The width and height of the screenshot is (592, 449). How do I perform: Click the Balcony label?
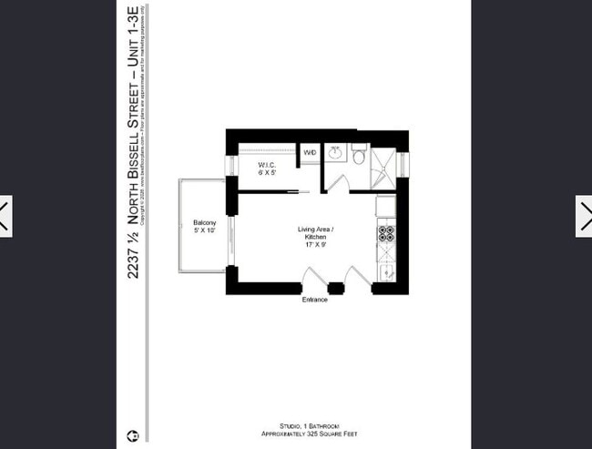click(204, 227)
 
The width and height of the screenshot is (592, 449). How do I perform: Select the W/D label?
click(310, 153)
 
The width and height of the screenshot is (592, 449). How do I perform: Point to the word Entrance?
click(314, 299)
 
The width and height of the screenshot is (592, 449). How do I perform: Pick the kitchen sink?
click(387, 270)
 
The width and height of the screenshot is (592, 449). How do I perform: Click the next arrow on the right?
click(584, 217)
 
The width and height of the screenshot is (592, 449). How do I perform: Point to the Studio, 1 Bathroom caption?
click(314, 425)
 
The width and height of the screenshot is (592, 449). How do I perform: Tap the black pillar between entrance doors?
click(336, 289)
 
